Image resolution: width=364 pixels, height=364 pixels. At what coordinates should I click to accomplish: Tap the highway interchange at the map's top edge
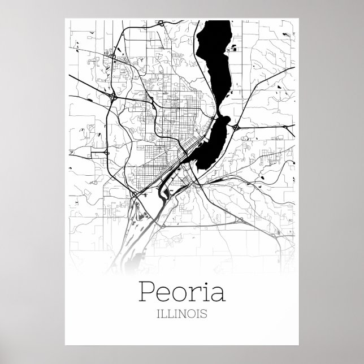(x=161, y=23)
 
